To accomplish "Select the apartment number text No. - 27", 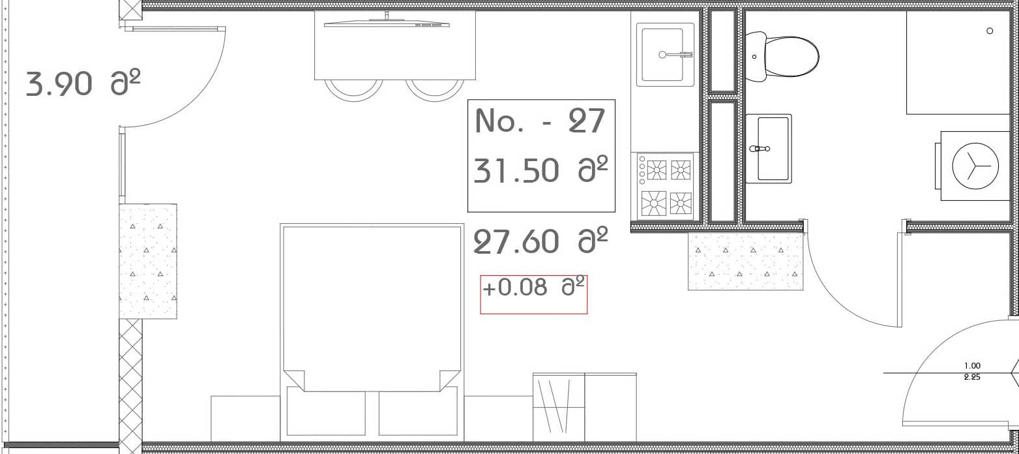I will pos(540,121).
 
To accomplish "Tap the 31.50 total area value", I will pos(540,171).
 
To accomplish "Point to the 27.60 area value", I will pos(540,242).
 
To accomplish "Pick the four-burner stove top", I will pos(666,187).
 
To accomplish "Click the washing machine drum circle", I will pos(975,166).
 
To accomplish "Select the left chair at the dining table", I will pos(354,90).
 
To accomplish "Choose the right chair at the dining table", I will pos(435,90).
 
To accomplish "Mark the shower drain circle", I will pos(990,31).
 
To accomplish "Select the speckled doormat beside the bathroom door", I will pos(745,261).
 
